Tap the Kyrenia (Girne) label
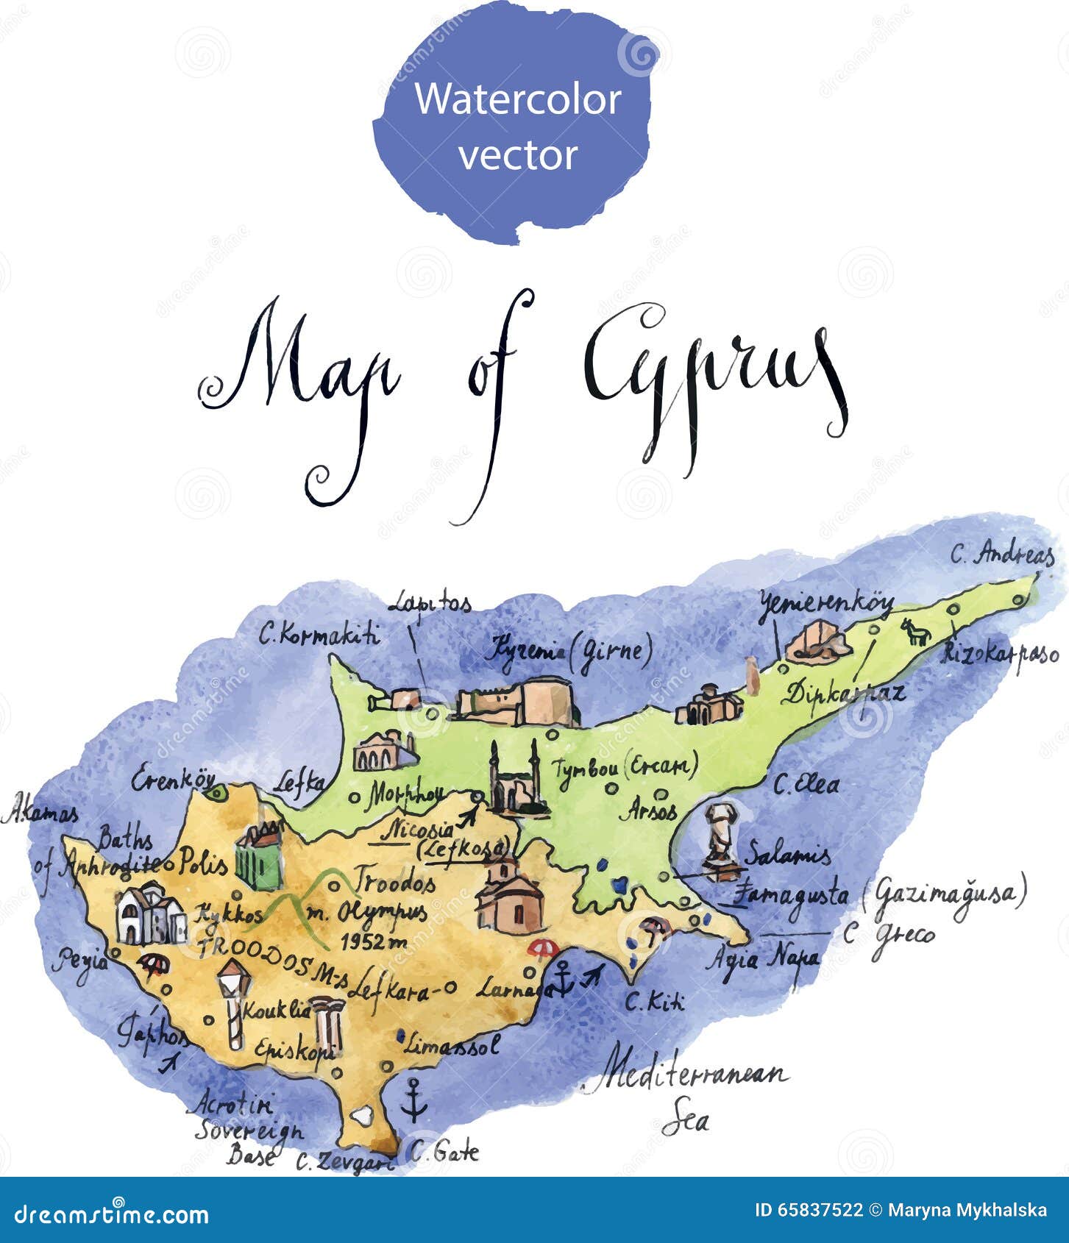coord(571,650)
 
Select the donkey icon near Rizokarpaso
coord(915,632)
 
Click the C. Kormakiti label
coord(319,633)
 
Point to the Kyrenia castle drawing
coord(516,701)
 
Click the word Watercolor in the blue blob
coord(518,99)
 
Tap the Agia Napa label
coord(762,958)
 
